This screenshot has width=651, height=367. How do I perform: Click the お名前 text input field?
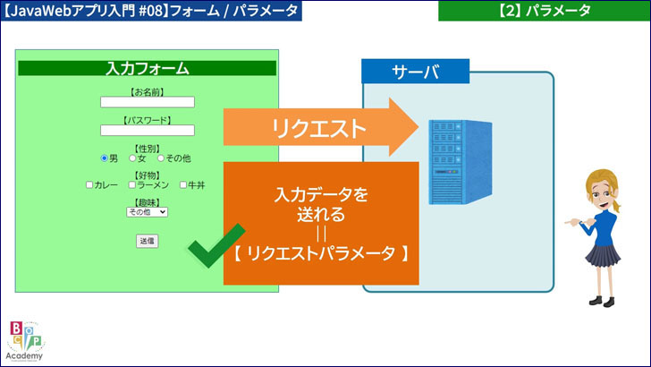(148, 102)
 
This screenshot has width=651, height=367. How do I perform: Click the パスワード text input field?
(148, 131)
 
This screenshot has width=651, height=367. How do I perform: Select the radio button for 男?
(105, 158)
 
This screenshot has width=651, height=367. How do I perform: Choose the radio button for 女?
(132, 158)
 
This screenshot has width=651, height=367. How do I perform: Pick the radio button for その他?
(161, 158)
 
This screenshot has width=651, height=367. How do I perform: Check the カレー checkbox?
(89, 185)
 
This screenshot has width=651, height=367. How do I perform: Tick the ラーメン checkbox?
(132, 185)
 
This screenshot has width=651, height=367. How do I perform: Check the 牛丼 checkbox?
(184, 185)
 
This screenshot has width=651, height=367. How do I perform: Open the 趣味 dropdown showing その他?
(147, 212)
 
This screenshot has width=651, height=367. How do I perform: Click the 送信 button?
(147, 241)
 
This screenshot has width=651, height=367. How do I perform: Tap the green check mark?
(215, 246)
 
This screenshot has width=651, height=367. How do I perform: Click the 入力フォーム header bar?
(147, 68)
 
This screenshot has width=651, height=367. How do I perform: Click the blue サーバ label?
(415, 73)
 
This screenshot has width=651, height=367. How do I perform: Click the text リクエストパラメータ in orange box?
(320, 253)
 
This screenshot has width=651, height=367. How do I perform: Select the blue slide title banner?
(150, 11)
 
